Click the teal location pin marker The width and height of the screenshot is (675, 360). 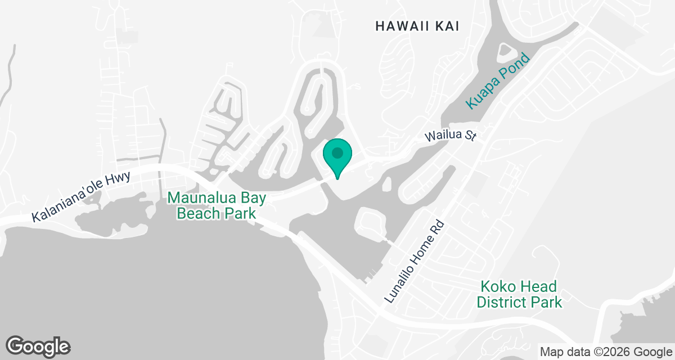point(337,157)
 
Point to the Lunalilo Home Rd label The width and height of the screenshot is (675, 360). point(414,262)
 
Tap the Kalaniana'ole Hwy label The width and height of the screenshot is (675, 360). point(81,197)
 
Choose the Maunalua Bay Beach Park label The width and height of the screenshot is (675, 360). point(217,205)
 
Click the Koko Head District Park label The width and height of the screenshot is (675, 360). point(519,294)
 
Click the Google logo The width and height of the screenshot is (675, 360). point(38,345)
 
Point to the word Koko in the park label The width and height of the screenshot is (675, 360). point(497,286)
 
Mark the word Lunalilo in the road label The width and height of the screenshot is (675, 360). point(402,280)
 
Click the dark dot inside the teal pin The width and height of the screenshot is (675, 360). point(337,152)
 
